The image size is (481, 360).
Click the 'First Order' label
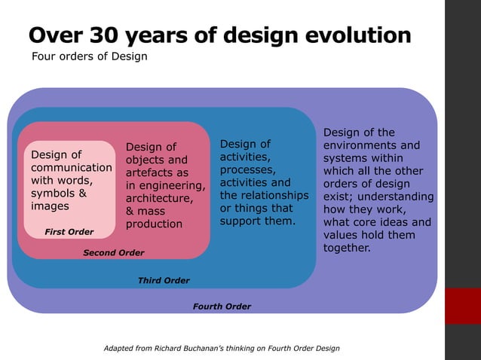pos(69,232)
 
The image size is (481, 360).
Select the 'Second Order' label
pos(113,252)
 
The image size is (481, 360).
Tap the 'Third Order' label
pos(164,280)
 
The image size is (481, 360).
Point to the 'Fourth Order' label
pos(222,307)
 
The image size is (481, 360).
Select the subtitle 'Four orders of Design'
pos(88,57)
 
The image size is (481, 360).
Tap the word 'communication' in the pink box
pos(71,167)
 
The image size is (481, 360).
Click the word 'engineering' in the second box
pos(173,186)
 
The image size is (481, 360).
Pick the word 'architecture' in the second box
pos(159,199)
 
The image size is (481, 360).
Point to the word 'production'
pos(154,224)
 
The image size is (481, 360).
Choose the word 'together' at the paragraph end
pos(347,248)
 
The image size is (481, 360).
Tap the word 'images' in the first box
pos(50,206)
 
